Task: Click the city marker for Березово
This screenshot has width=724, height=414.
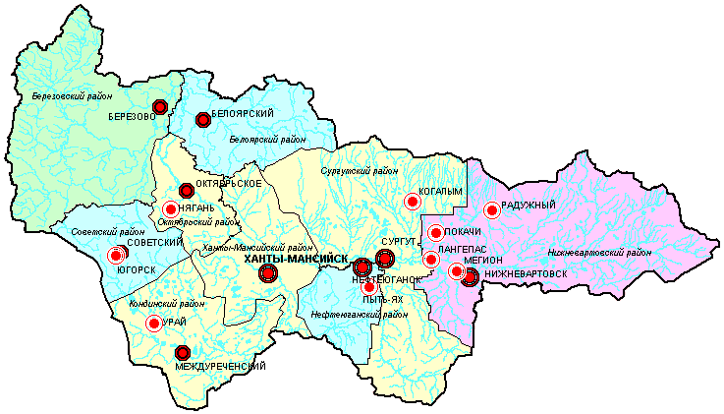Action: (x=160, y=106)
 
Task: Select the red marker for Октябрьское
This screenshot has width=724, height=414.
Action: (x=187, y=191)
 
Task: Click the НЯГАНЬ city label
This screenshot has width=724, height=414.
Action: (x=197, y=207)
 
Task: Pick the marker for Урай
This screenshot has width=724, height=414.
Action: (x=153, y=323)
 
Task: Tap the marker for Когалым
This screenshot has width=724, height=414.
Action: (x=413, y=202)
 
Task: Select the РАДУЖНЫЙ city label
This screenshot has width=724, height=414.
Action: (x=529, y=205)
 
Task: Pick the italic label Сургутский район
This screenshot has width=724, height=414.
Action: (x=360, y=171)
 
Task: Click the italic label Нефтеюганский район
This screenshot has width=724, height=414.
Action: (x=360, y=315)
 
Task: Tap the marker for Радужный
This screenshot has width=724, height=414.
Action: (x=492, y=208)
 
